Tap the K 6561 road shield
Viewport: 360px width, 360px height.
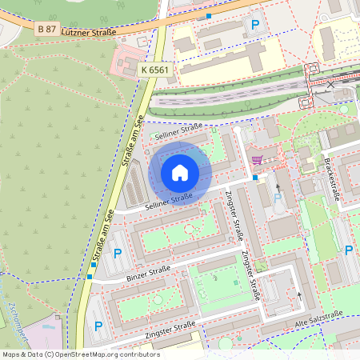coord(154,70)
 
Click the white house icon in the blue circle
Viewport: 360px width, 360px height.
coord(180,172)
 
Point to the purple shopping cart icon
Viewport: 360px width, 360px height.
coord(256,160)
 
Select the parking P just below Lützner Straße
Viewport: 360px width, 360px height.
coord(255,25)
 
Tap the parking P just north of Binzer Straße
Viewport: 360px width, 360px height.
coord(118,254)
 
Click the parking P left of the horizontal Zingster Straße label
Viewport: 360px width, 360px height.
coord(98,326)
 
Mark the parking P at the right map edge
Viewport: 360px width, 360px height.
coord(349,250)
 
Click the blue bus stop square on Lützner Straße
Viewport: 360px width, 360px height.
coord(209,16)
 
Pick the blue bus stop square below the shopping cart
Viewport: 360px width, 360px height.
coord(255,178)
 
